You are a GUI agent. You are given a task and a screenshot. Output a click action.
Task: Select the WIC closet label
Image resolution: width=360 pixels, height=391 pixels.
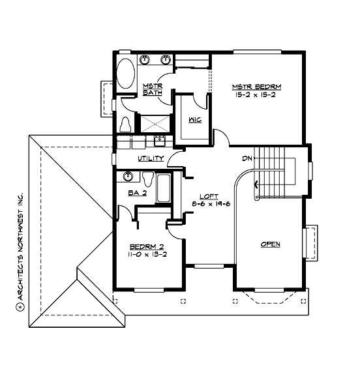(194, 121)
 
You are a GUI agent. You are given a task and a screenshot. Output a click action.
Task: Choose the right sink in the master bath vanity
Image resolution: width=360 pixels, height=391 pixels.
(166, 60)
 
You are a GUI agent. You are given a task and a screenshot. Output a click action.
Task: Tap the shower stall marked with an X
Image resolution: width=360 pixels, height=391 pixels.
(153, 124)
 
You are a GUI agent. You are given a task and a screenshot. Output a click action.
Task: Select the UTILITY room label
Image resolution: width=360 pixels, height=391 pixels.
(150, 159)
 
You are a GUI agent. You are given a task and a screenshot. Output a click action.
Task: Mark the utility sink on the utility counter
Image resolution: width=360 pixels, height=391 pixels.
(158, 139)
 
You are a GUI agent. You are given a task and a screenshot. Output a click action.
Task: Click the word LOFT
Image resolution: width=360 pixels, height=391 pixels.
(209, 196)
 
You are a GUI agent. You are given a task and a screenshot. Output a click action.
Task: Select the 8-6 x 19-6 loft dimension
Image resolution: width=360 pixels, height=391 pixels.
(209, 204)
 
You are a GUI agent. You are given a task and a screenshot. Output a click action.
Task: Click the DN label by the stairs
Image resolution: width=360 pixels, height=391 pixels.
(247, 158)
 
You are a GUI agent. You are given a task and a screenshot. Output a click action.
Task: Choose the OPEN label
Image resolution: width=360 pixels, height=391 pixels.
(270, 244)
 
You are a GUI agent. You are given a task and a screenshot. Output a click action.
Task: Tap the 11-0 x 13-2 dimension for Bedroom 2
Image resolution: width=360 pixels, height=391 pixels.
(148, 254)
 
